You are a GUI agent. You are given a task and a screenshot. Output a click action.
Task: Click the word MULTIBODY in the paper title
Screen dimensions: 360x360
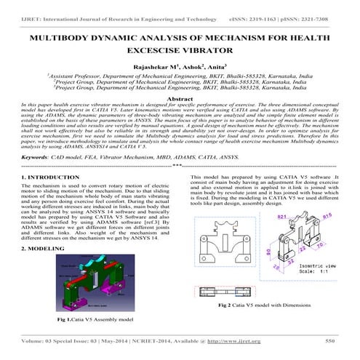click(67, 35)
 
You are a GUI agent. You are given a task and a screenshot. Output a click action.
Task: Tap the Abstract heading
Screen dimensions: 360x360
click(180, 97)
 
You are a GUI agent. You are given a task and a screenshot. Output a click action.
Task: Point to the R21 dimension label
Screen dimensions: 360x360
click(281, 217)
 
